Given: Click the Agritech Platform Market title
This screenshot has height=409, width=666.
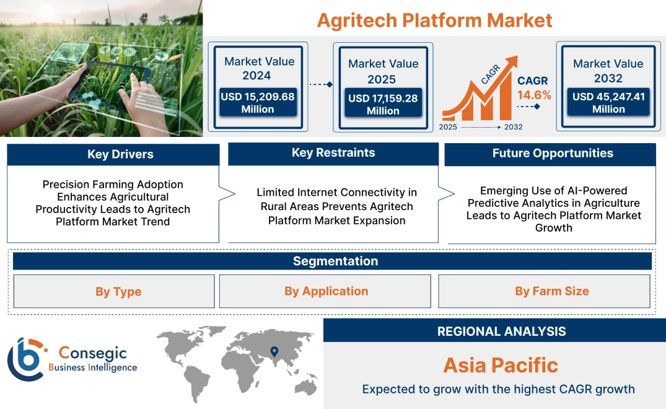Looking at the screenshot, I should (x=434, y=20).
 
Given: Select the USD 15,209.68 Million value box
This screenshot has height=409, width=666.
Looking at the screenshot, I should (x=258, y=103).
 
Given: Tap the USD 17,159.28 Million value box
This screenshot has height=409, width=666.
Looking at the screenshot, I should (x=383, y=104).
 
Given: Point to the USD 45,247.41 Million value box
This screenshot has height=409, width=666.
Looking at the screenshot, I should (x=608, y=103).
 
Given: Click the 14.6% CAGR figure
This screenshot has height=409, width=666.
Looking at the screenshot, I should (x=533, y=95).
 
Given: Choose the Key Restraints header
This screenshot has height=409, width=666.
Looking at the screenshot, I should (x=333, y=153).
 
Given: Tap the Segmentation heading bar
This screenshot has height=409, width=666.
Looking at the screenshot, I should (x=335, y=261).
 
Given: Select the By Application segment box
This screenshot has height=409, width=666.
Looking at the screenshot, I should (x=326, y=291).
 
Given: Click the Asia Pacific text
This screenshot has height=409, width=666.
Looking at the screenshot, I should (x=501, y=365).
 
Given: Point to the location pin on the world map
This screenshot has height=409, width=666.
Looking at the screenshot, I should (x=273, y=353).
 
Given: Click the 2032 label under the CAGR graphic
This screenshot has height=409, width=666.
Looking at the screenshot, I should (x=513, y=127).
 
